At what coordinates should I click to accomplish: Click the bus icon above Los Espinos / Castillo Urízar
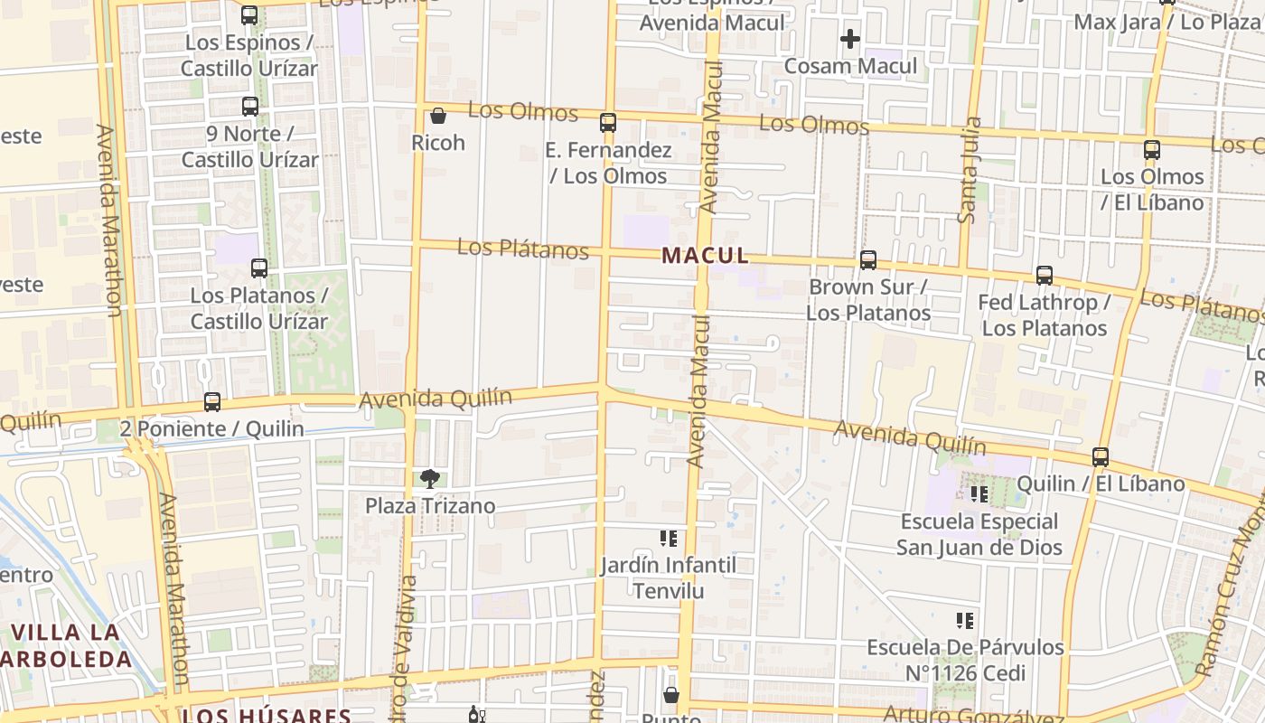(249, 15)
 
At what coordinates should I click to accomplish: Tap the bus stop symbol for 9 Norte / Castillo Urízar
(250, 107)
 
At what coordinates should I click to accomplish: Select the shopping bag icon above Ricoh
(438, 116)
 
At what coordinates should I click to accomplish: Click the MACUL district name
(705, 256)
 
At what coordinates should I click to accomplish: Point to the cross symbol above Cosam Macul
(849, 39)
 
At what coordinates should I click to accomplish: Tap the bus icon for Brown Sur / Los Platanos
(868, 260)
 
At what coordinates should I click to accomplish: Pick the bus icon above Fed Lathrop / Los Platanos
(1045, 276)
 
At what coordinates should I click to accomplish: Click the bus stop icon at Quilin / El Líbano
(1101, 457)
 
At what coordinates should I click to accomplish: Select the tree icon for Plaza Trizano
(430, 479)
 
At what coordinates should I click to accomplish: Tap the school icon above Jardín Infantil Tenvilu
(669, 539)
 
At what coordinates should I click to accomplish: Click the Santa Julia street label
(969, 170)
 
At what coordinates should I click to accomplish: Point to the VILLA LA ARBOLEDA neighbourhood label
(68, 645)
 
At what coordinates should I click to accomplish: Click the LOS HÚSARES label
(266, 716)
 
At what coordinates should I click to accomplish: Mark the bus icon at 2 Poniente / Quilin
(212, 402)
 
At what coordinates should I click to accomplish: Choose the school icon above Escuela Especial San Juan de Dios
(979, 494)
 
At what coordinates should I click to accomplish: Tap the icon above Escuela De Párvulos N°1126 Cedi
(965, 621)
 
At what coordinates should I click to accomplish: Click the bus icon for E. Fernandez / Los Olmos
(608, 123)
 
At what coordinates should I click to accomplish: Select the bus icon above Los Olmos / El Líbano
(1152, 150)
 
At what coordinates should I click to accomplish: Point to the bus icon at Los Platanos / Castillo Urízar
(259, 268)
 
